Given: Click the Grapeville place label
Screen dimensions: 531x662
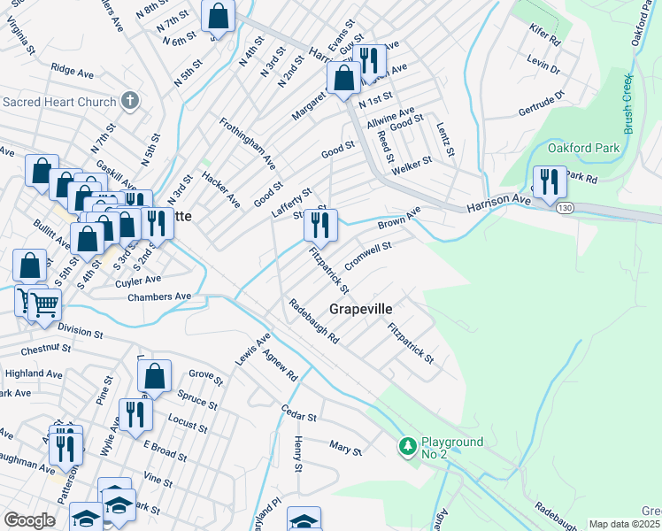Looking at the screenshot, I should [x=360, y=309].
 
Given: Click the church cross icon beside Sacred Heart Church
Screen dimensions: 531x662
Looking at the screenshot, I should [x=129, y=100].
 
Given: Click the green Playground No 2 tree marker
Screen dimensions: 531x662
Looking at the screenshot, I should [x=407, y=446].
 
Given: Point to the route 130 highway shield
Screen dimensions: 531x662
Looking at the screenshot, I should [x=565, y=208].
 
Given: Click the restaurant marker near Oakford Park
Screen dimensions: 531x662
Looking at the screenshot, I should [x=549, y=181].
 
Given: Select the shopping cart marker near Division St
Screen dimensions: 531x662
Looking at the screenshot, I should [x=44, y=305].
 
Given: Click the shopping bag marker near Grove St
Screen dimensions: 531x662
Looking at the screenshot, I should [x=155, y=375].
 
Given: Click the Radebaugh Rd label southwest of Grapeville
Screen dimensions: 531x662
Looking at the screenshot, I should [x=314, y=322].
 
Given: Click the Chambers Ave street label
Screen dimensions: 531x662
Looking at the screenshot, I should [x=159, y=296].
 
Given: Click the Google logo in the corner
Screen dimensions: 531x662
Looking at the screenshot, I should [x=29, y=520].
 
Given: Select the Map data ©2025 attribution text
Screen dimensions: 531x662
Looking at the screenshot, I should [x=625, y=524].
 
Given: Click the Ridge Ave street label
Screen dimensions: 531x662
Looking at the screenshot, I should [x=72, y=67].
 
